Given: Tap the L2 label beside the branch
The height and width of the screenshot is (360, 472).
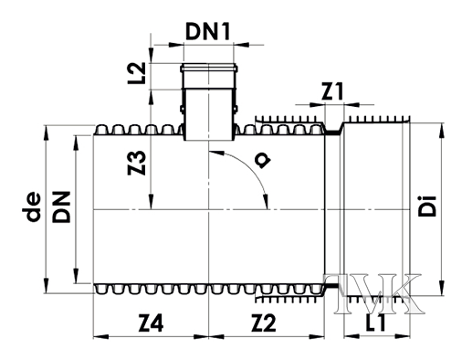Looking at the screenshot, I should pos(137,74).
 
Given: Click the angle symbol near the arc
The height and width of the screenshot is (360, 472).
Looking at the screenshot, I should pos(264,161).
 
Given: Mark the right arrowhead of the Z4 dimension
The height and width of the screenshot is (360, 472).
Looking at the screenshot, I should pos(205,337).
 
